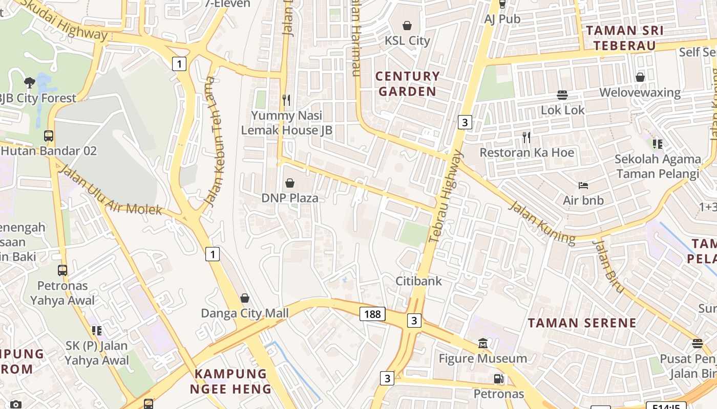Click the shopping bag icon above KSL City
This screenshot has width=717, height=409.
407,25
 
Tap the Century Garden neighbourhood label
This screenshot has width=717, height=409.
408,84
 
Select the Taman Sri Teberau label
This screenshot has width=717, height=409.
625,38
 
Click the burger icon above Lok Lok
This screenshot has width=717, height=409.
562,95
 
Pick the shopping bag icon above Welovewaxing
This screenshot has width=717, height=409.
640,77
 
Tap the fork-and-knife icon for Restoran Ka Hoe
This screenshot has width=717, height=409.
526,137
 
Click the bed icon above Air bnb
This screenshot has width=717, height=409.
583,185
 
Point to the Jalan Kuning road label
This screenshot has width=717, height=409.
542,222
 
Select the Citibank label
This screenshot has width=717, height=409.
418,281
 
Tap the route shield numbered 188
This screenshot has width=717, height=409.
372,313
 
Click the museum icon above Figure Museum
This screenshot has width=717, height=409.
482,343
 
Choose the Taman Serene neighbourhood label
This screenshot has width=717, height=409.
582,323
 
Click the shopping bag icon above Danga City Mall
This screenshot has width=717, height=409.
245,298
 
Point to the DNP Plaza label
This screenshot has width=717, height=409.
290,198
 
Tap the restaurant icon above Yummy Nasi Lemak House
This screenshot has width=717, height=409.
286,100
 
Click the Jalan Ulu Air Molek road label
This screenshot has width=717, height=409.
111,190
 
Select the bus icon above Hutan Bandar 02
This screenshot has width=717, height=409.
49,136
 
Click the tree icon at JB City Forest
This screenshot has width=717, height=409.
30,82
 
